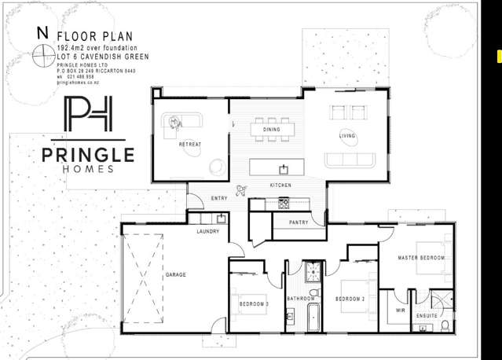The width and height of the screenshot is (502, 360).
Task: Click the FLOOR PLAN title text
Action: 104,36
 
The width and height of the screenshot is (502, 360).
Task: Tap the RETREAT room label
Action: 190,145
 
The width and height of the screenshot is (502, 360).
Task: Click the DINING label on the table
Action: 272,130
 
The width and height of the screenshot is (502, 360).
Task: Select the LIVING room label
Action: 347,136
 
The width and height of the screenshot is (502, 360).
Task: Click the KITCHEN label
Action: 281,186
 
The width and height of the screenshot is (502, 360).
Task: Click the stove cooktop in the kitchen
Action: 284,204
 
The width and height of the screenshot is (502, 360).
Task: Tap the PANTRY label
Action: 299,222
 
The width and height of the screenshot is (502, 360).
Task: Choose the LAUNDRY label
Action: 208,231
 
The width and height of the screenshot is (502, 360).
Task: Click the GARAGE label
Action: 176,275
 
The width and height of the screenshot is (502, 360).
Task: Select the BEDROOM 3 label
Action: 255,303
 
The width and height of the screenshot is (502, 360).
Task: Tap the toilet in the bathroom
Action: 313,294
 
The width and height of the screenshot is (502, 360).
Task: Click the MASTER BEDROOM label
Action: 421,258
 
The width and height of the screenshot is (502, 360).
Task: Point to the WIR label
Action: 401,310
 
